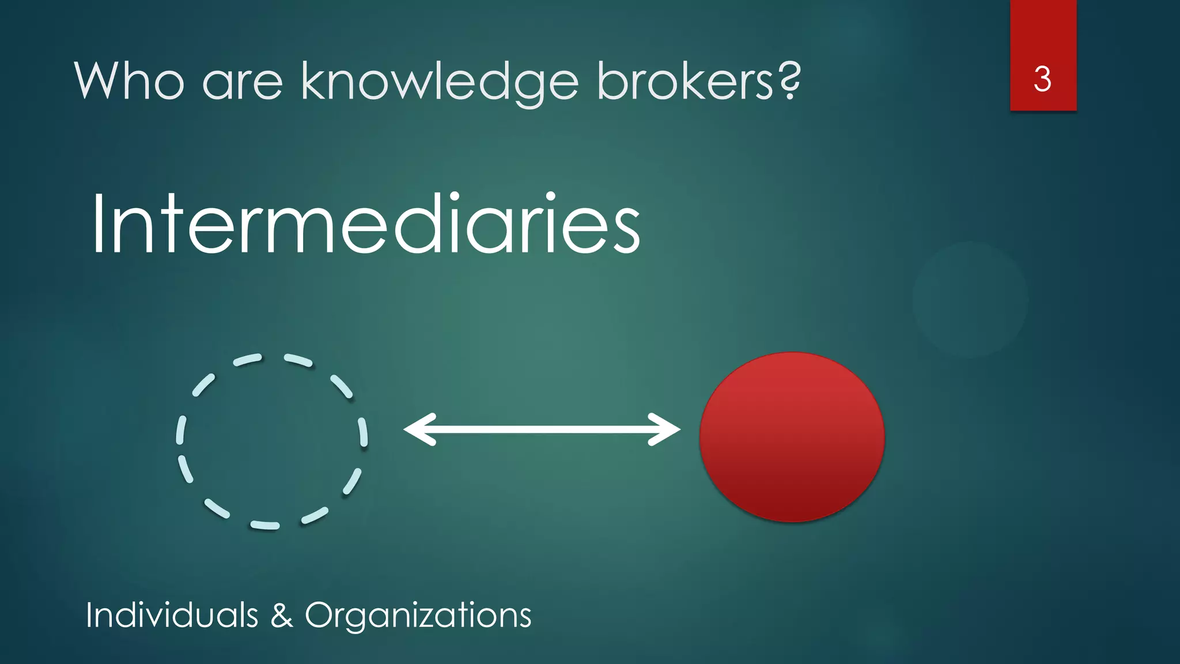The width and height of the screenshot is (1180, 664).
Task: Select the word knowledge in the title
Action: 440,82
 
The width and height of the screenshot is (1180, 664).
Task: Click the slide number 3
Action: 1042,79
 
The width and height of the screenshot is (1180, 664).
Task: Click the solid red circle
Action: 792,437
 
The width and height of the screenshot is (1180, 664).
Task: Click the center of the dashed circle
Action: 271,441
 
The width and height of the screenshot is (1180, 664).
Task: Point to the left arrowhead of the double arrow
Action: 418,429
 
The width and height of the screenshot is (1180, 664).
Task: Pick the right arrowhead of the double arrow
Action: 665,429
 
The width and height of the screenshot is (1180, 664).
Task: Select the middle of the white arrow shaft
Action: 542,429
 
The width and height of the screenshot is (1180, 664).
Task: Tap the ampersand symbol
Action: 281,615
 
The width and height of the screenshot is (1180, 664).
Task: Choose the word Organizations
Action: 418,616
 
